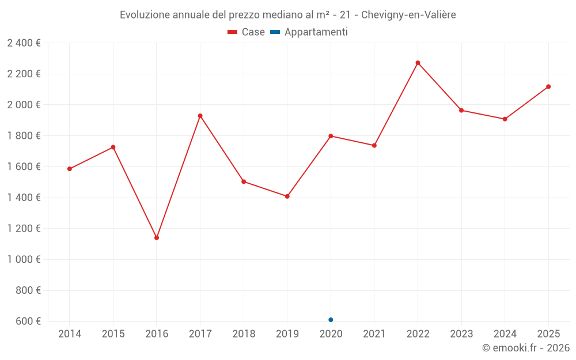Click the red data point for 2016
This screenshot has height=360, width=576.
[157, 238]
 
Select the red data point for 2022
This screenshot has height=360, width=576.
[418, 63]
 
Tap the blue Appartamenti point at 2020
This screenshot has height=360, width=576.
[331, 320]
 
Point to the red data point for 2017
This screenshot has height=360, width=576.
[200, 116]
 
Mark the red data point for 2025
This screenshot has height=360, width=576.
[548, 86]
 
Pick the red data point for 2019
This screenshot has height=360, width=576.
[287, 196]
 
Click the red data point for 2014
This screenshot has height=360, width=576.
[70, 169]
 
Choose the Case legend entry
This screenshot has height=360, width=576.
[246, 32]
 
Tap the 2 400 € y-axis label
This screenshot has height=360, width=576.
[24, 43]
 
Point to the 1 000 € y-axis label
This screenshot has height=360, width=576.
[24, 260]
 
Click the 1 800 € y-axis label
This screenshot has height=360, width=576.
[24, 136]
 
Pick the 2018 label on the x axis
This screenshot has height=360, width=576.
[244, 334]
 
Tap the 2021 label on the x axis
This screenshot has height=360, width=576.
[374, 334]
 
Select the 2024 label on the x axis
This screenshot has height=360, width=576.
[505, 334]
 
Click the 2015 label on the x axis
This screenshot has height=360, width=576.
[113, 334]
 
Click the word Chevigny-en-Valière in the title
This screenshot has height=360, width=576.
[408, 15]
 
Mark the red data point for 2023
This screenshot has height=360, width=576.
[461, 110]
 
